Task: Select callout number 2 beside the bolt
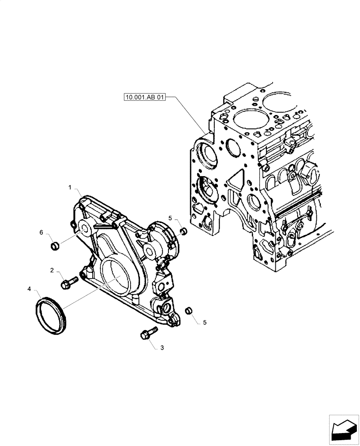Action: coord(52,271)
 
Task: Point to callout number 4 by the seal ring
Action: coord(29,289)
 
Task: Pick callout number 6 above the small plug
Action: coord(41,232)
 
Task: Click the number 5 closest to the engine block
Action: coord(170,218)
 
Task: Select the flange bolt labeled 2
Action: coord(68,281)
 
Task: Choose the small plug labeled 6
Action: coord(55,245)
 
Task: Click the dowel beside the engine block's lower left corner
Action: coord(182,231)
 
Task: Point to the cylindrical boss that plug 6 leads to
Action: coord(84,229)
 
